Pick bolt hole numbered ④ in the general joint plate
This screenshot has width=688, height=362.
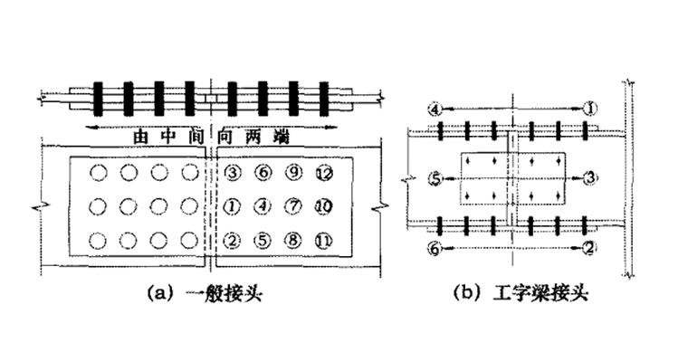click(x=263, y=206)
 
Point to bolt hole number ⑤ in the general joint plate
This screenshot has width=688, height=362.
click(x=263, y=241)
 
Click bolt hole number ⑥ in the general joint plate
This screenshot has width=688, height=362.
click(x=263, y=172)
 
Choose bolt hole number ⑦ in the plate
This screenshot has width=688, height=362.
click(x=293, y=206)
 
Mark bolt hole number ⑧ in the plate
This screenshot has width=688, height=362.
click(x=293, y=241)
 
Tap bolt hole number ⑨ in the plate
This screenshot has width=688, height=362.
click(x=293, y=172)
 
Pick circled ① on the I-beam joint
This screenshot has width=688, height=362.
click(x=590, y=109)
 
